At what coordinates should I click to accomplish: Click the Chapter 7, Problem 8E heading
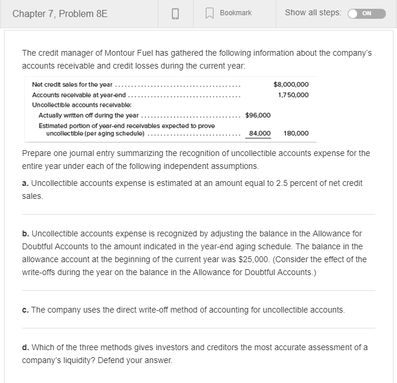tap(60, 13)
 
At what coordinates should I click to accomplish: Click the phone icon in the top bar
tap(175, 13)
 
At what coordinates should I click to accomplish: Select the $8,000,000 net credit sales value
tap(291, 84)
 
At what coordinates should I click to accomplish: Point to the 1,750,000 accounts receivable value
tap(293, 94)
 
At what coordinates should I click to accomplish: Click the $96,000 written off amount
tap(257, 115)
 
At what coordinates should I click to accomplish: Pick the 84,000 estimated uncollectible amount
tap(260, 134)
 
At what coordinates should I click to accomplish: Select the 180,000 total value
tap(296, 134)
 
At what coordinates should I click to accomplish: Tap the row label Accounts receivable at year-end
tap(79, 94)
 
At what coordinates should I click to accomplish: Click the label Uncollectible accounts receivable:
tap(73, 104)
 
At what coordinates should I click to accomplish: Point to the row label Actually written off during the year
tap(89, 115)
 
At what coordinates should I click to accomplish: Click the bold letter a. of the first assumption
tap(25, 184)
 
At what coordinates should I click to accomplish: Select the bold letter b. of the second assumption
tap(25, 234)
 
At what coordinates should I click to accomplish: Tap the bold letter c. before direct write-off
tap(25, 309)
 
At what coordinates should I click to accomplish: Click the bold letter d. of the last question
tap(25, 347)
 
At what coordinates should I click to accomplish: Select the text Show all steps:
tap(313, 13)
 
